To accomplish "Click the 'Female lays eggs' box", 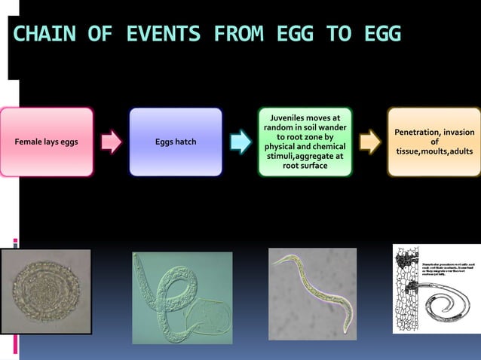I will tap(47, 142).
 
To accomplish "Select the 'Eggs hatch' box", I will tap(176, 142).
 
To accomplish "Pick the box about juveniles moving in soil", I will tap(305, 142).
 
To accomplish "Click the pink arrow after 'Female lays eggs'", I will tap(112, 142).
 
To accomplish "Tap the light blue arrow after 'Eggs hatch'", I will tap(240, 142).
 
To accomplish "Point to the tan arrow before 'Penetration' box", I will tap(369, 142).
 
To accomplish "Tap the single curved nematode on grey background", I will tap(312, 292).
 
